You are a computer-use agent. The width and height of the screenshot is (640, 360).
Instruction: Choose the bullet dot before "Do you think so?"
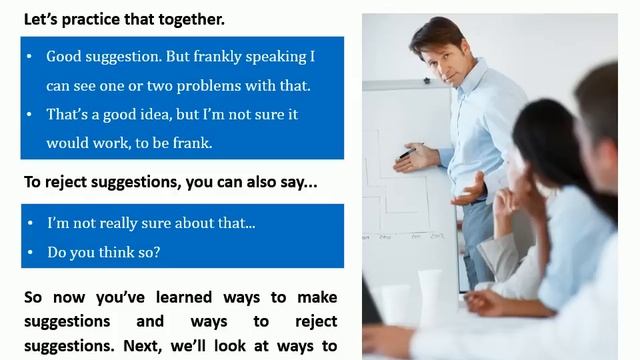pyautogui.click(x=31, y=252)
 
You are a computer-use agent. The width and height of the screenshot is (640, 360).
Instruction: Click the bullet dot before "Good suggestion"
pyautogui.click(x=31, y=56)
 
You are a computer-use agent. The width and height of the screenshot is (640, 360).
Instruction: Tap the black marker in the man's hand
pyautogui.click(x=405, y=154)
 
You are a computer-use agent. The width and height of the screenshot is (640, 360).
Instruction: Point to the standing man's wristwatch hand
pyautogui.click(x=465, y=190)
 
